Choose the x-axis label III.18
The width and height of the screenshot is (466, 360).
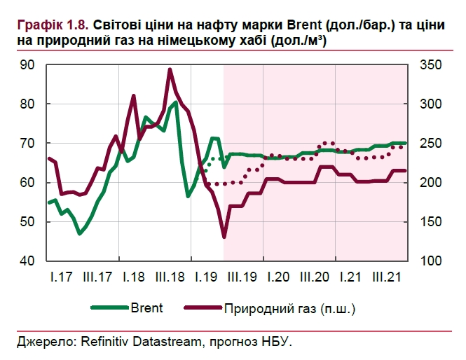(x=170, y=277)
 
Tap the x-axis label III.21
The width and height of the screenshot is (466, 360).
(x=388, y=277)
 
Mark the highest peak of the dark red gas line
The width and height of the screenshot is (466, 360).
(x=170, y=69)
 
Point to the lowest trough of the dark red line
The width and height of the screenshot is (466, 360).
(x=224, y=237)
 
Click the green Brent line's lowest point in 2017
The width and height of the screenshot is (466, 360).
(x=79, y=233)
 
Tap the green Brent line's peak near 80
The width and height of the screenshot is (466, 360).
(x=176, y=102)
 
